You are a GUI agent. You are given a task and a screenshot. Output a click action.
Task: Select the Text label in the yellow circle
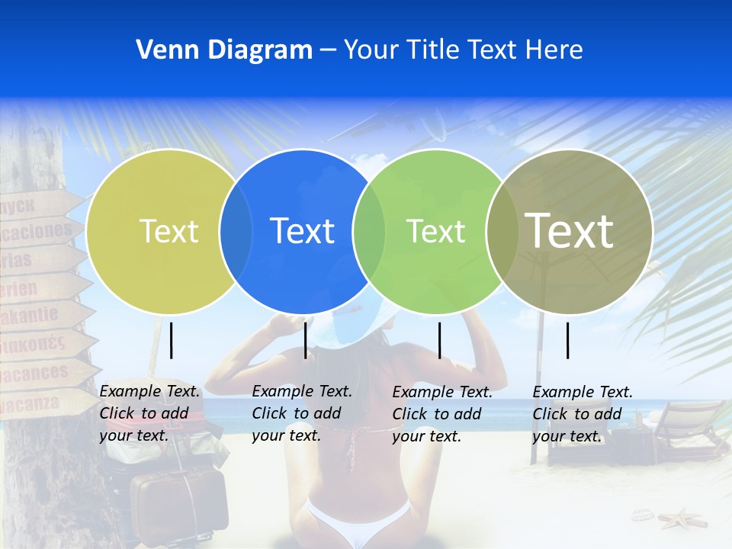click(x=169, y=231)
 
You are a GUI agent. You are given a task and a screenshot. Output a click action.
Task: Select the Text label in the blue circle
click(x=302, y=231)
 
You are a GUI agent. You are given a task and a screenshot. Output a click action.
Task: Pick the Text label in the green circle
click(x=435, y=231)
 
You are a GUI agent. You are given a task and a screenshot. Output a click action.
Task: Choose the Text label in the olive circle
click(x=570, y=230)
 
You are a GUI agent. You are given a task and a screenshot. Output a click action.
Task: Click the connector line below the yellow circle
click(x=172, y=340)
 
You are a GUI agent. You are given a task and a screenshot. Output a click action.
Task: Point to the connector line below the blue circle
click(x=305, y=340)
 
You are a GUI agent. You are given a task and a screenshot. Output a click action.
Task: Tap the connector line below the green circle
click(x=440, y=340)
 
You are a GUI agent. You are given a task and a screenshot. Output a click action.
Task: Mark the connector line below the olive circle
click(x=568, y=340)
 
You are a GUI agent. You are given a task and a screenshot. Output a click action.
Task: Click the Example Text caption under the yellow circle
click(x=149, y=413)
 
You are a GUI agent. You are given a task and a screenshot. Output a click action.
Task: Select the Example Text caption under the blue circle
click(x=302, y=413)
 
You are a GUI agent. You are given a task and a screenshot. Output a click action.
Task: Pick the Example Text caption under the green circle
click(x=442, y=414)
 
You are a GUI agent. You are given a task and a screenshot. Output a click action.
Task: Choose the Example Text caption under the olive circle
click(x=583, y=414)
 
